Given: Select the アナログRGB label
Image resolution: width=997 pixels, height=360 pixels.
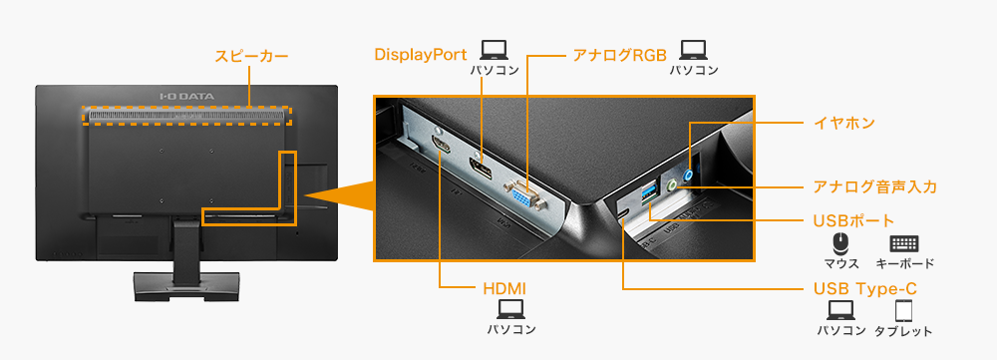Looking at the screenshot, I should point(618,53).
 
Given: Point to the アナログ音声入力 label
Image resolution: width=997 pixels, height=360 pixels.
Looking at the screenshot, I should point(874,186).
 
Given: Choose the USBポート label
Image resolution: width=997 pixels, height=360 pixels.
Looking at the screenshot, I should point(853,219).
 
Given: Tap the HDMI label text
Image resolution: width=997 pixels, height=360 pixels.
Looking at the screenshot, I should point(503,289).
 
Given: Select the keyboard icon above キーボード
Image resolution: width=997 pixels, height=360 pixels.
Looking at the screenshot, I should point(903,243).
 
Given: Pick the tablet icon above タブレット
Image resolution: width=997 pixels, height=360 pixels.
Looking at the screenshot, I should point(903,310).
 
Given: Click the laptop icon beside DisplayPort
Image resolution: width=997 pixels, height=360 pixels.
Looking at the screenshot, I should point(495,50).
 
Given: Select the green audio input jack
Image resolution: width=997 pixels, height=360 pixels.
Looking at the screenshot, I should point(675,183).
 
